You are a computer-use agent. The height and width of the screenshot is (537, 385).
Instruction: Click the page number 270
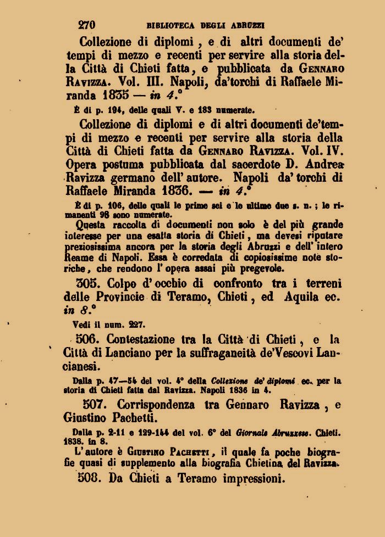click(87, 25)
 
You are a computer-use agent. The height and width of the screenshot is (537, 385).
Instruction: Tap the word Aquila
click(305, 298)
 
